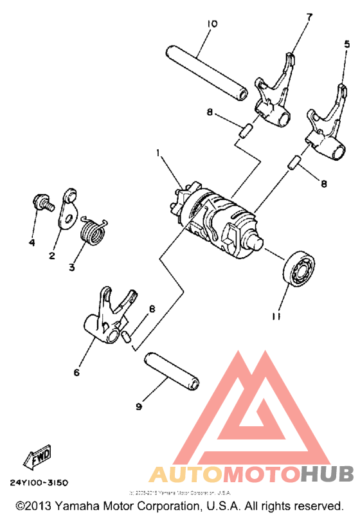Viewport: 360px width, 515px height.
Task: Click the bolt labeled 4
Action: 43,203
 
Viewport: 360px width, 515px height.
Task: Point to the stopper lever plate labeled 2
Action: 67,209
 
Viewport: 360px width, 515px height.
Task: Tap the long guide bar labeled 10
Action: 206,73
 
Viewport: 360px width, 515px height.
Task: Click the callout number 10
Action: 212,24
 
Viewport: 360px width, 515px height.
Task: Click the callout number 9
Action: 138,406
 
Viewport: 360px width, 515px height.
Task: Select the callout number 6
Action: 76,372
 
